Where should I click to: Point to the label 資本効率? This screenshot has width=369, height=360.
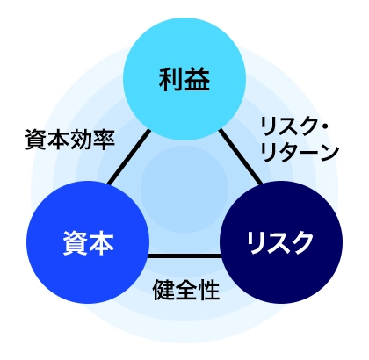click(x=70, y=140)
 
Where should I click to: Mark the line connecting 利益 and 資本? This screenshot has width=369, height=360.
click(x=128, y=159)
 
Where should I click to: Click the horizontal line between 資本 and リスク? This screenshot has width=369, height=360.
click(x=184, y=256)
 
